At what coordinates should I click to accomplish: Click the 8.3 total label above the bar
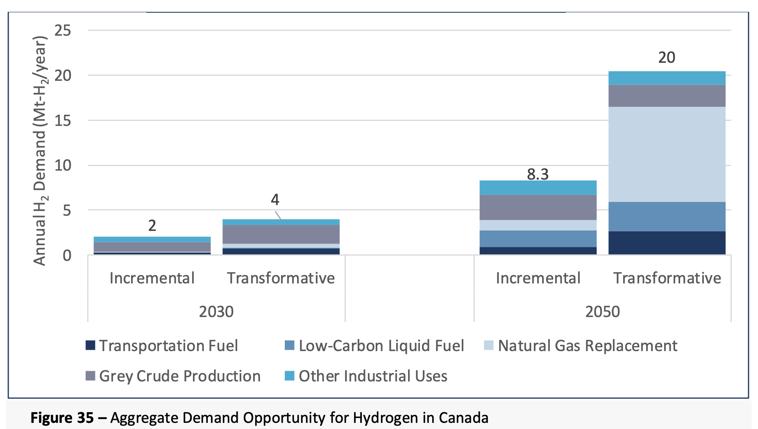click(x=538, y=174)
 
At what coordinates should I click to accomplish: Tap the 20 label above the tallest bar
click(x=667, y=57)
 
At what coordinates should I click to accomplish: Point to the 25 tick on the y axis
click(x=63, y=30)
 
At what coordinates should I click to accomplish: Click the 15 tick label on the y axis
click(x=63, y=121)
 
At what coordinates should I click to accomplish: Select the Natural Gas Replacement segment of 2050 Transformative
click(x=667, y=154)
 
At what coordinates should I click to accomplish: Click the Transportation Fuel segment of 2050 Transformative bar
click(x=667, y=243)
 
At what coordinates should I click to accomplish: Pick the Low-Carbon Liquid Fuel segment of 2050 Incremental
click(x=538, y=239)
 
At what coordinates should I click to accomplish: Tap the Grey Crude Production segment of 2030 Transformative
click(x=281, y=234)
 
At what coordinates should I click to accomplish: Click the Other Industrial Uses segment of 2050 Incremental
click(x=538, y=187)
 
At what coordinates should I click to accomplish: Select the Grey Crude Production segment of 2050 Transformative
click(x=667, y=96)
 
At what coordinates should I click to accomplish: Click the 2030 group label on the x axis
click(x=216, y=312)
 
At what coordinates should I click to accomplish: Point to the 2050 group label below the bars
click(x=602, y=312)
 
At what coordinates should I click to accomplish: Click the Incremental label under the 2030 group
click(x=152, y=278)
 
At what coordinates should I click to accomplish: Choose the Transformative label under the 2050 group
click(x=667, y=278)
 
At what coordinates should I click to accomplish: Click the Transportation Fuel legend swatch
click(x=90, y=345)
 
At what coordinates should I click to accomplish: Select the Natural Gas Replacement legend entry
click(x=587, y=346)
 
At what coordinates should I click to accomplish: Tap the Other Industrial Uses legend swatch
click(x=289, y=376)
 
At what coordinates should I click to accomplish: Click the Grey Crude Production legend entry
click(x=179, y=376)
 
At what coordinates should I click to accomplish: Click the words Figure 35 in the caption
click(x=62, y=418)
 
